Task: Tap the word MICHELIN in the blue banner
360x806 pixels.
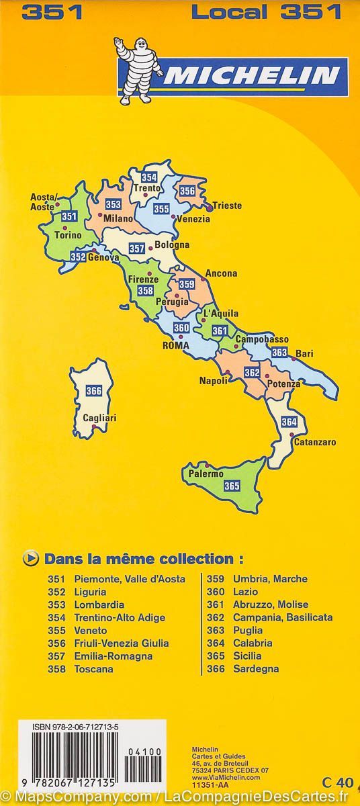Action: (x=251, y=76)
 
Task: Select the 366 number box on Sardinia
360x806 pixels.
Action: (x=94, y=392)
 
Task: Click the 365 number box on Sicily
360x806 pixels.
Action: (x=232, y=486)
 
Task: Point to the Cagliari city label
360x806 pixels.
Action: (x=99, y=418)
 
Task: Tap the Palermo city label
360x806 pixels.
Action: (x=206, y=474)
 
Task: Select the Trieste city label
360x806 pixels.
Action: (x=227, y=206)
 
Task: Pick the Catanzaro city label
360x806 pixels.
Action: (x=315, y=442)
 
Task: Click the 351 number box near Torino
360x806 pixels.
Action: (x=69, y=216)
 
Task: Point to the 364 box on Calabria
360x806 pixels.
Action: (x=289, y=422)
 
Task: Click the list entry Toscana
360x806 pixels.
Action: (x=93, y=669)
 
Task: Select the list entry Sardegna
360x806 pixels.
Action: (x=256, y=669)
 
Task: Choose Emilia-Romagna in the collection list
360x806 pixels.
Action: (x=114, y=656)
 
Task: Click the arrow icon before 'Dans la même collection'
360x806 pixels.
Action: (x=30, y=557)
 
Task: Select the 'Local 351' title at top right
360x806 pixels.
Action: (x=267, y=11)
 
